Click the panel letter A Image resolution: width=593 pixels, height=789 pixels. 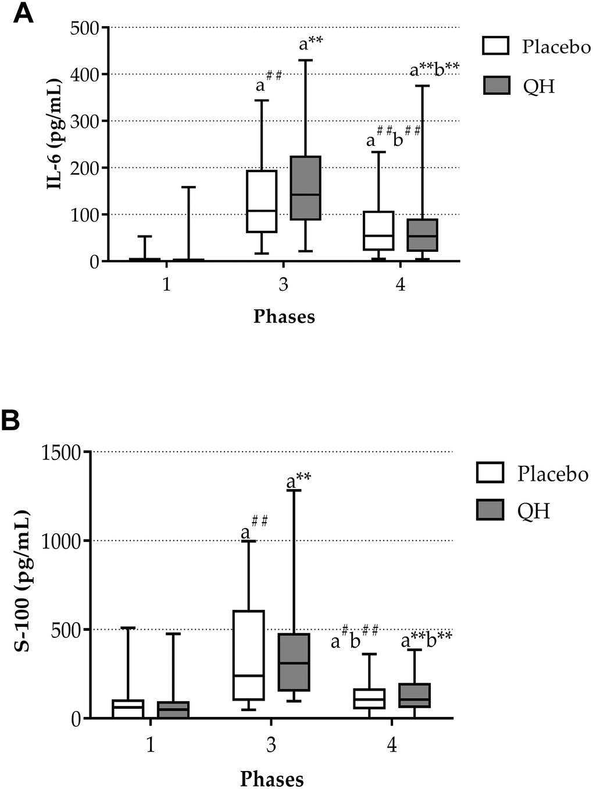coord(23,13)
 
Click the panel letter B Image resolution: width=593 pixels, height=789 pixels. coord(12,422)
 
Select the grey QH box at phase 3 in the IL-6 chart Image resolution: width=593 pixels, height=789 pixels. coord(305,188)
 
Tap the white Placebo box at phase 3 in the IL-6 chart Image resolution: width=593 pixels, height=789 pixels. coord(262,201)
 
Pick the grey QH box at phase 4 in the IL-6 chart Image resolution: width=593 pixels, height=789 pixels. coord(422,235)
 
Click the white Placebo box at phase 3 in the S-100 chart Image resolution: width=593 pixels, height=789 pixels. coord(248,655)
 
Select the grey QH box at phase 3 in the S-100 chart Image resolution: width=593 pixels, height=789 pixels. coord(294,662)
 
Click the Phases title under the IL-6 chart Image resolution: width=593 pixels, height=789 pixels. coord(284,316)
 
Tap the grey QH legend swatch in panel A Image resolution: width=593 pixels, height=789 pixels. coord(496,85)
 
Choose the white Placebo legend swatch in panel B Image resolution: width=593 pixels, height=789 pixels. coord(490,473)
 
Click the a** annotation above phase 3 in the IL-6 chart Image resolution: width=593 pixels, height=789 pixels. coord(311,44)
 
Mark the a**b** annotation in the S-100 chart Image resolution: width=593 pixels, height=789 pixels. coord(427,641)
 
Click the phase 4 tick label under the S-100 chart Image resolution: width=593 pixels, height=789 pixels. coord(392,744)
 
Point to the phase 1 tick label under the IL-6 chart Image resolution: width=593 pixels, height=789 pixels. coord(167,285)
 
